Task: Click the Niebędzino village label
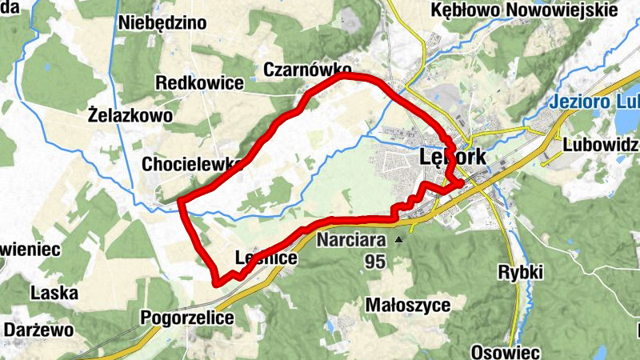coord(162,22)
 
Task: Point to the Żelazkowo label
coord(130,116)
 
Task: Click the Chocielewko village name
coord(192,165)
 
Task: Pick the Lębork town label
coord(452,158)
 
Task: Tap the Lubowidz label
coord(600,145)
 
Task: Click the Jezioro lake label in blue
coord(591,102)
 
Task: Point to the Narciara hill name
coord(351,239)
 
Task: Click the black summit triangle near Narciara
coord(398,239)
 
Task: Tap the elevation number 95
coord(375,261)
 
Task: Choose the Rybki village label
coord(520,272)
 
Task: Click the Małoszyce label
coord(407,305)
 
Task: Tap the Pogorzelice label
coord(187,318)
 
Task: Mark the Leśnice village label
coord(266,258)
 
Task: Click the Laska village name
coord(54,293)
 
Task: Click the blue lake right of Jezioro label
coord(627,120)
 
